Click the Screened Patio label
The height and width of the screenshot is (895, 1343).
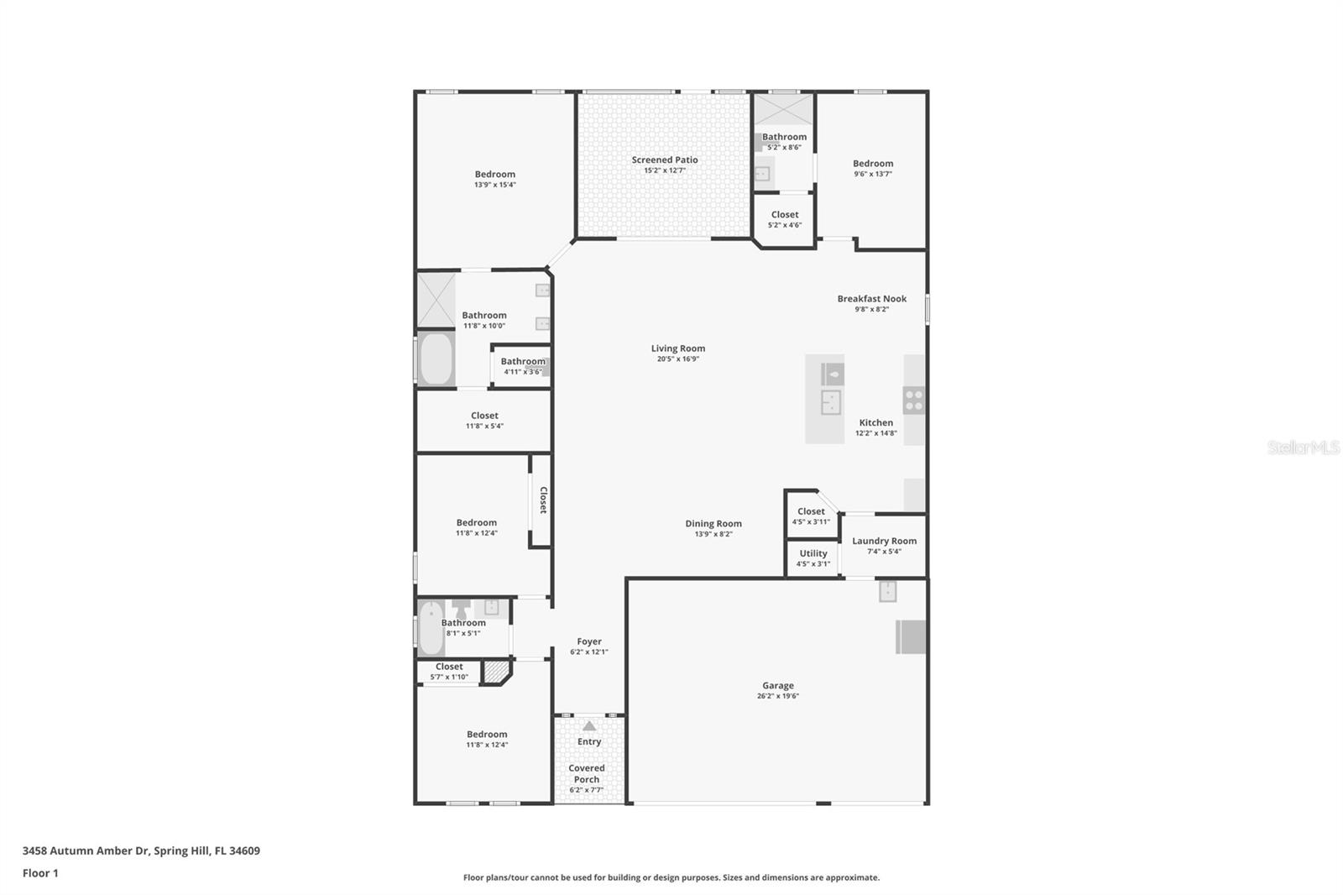664,160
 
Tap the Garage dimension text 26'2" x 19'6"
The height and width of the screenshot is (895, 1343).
777,696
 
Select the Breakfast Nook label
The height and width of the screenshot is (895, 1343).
871,299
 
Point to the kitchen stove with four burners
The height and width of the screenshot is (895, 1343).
913,400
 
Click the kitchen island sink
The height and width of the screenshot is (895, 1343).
830,402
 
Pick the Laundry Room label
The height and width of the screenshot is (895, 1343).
884,541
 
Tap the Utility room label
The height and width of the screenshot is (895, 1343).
813,553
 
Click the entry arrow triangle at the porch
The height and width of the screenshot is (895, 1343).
589,726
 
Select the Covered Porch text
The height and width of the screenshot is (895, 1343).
586,773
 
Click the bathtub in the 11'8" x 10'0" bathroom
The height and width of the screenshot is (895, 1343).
436,359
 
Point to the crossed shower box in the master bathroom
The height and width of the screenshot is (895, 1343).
436,300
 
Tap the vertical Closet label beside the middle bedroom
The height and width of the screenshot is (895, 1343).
543,500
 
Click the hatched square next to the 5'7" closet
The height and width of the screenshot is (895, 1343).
496,671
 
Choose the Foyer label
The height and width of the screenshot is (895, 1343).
588,641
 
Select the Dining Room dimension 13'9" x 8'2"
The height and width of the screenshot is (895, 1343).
713,534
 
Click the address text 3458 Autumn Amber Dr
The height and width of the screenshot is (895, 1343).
85,851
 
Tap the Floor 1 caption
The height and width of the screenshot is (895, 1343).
40,873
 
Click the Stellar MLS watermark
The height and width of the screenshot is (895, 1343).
1303,447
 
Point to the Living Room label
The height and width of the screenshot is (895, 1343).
677,348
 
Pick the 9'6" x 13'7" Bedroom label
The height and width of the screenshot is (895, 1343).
872,164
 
